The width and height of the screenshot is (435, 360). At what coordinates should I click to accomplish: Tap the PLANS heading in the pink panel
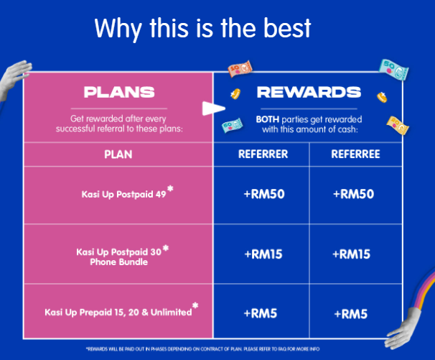119,92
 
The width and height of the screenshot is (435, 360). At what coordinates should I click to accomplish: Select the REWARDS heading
309,92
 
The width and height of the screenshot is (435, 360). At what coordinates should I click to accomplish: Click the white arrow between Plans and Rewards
213,109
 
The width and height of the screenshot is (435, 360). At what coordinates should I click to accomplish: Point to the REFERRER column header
263,154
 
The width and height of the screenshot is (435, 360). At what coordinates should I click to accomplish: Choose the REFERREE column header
355,154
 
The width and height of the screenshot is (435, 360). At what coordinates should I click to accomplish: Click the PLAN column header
118,154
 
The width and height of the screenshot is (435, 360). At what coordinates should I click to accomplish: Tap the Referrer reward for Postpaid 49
264,194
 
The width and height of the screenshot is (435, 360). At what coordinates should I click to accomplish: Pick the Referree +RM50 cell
353,194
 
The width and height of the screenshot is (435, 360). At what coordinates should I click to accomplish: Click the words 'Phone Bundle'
118,262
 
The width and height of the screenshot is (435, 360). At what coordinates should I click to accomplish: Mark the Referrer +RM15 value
263,254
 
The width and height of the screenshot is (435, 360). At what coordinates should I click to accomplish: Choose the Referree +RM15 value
351,254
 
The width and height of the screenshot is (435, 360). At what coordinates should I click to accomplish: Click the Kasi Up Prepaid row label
121,311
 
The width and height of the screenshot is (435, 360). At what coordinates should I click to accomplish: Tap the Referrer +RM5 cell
261,313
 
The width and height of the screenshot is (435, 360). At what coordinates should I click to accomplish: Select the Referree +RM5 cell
351,314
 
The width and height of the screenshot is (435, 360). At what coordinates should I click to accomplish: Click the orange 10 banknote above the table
240,68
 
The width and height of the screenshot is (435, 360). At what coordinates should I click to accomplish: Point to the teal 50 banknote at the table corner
393,69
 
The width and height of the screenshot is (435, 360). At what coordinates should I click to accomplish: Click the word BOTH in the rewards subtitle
268,119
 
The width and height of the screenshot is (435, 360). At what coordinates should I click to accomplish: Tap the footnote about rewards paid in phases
203,349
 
